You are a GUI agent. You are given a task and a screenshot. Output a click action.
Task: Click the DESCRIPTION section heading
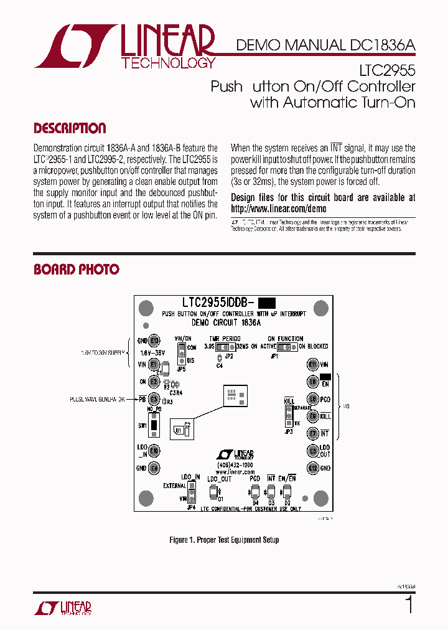point(70,129)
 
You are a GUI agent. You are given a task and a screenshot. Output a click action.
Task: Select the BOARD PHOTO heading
point(76,270)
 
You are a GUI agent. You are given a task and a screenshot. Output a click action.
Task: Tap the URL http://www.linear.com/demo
point(278,209)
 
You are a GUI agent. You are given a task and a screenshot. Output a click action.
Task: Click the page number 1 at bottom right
point(409,604)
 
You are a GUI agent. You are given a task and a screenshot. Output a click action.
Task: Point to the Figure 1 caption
point(224,540)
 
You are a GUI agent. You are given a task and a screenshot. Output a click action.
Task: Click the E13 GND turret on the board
point(154,341)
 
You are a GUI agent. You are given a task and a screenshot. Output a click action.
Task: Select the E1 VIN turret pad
point(154,364)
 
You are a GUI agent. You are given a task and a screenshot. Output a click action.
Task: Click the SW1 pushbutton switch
point(157,426)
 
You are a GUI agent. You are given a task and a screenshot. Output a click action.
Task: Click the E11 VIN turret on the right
point(312,364)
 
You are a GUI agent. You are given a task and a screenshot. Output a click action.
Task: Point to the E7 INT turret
point(312,433)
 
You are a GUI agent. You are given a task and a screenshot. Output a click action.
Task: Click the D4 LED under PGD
point(256,492)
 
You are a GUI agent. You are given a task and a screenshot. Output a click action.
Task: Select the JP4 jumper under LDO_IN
point(192,494)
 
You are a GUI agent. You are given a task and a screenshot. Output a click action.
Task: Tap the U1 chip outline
point(180,430)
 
